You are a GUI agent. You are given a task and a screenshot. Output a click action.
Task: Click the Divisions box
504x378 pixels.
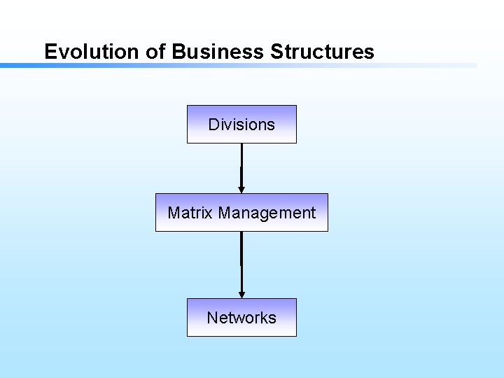pos(241,125)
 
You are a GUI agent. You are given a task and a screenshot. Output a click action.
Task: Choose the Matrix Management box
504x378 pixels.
pos(241,213)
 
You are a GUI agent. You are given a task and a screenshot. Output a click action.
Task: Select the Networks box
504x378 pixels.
pos(241,318)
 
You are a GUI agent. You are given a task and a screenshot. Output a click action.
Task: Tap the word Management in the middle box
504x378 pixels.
pos(267,213)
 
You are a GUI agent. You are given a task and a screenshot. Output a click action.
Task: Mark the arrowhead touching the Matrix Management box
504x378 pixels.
pos(241,189)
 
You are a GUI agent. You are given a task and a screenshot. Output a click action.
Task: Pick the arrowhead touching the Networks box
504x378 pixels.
pos(241,294)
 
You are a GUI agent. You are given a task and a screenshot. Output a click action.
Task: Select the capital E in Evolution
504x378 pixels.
pos(50,52)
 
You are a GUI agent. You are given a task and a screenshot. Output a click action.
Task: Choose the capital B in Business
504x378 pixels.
pos(178,52)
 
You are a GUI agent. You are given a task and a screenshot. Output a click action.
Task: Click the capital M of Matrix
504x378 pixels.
pos(174,213)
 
